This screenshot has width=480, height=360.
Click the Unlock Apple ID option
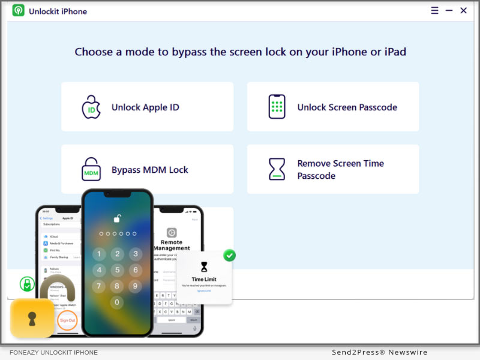coord(145,107)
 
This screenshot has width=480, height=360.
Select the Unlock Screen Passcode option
coord(347,107)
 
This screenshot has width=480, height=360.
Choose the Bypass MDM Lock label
coord(149,170)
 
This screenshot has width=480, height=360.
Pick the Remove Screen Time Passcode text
coord(340,170)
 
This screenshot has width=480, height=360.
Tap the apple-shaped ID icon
coord(91,107)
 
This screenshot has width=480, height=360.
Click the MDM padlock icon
coord(91,170)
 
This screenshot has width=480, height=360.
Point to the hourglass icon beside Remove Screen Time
coord(277,170)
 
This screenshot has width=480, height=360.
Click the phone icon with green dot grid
coord(277,107)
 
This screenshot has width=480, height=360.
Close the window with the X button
coord(463,11)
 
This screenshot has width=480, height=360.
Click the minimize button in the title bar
coord(449,11)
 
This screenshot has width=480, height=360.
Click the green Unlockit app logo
coord(19,11)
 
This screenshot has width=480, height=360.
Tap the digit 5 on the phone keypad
coord(117,269)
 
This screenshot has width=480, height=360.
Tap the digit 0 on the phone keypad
coord(117,302)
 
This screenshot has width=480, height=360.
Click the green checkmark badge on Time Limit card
coord(229,256)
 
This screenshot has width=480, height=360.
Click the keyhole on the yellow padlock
coord(32,319)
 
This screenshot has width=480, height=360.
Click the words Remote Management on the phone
coord(172,245)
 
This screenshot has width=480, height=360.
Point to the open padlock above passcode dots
coord(118,218)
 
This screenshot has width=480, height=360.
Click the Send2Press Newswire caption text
coord(380,352)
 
